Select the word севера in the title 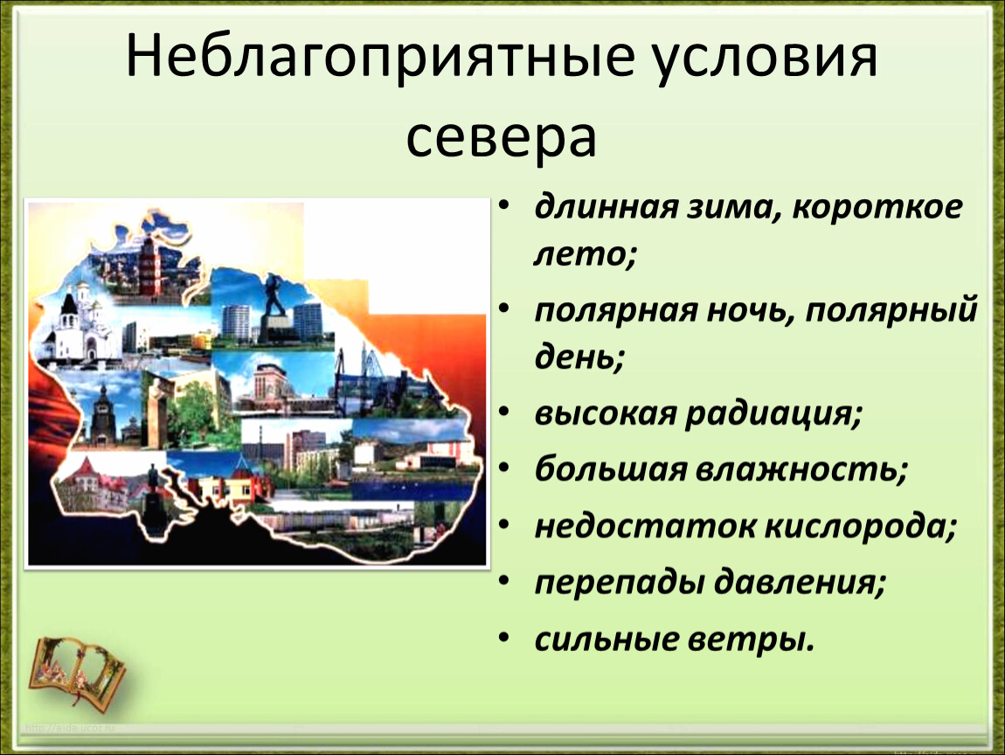click(502, 135)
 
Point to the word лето click(586, 253)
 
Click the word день click(579, 357)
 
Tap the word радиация click(773, 413)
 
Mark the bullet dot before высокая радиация click(504, 412)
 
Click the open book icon click(77, 670)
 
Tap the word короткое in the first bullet click(877, 207)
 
